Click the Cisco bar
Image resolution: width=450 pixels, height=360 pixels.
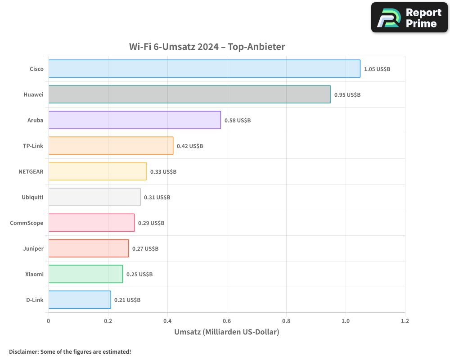204,69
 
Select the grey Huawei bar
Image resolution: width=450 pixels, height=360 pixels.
189,94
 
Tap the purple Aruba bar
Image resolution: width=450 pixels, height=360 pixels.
135,120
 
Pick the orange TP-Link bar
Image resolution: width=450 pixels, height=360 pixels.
111,146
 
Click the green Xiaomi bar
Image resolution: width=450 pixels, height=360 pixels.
85,274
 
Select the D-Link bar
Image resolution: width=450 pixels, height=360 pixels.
80,300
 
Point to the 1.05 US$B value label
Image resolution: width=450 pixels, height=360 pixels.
377,69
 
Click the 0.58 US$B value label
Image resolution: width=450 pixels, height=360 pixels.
238,121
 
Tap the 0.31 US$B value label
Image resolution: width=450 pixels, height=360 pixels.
157,198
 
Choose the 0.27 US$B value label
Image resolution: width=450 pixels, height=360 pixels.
145,249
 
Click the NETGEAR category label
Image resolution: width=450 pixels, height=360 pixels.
31,171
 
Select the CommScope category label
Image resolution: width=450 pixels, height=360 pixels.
27,223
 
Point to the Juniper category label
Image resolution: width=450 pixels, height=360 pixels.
33,248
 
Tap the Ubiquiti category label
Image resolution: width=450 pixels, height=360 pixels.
32,197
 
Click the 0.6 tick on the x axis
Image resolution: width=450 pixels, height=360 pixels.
227,321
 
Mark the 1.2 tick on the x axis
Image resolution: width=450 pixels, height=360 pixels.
405,321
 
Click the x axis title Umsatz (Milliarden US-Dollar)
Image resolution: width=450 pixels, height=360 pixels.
227,332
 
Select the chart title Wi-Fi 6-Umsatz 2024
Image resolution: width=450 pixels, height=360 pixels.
207,46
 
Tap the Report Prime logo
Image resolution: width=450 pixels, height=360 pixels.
409,18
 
